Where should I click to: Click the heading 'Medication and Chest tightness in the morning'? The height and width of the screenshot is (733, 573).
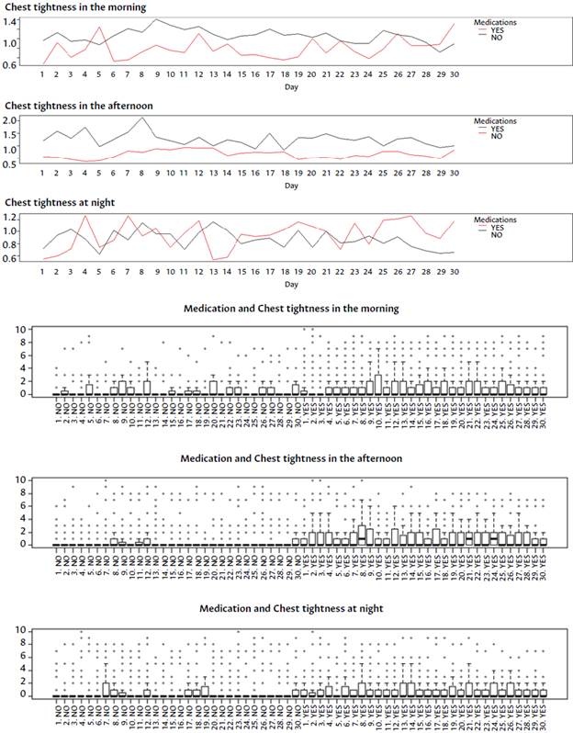point(291,309)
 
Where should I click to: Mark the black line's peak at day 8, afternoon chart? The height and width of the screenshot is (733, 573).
point(143,118)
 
